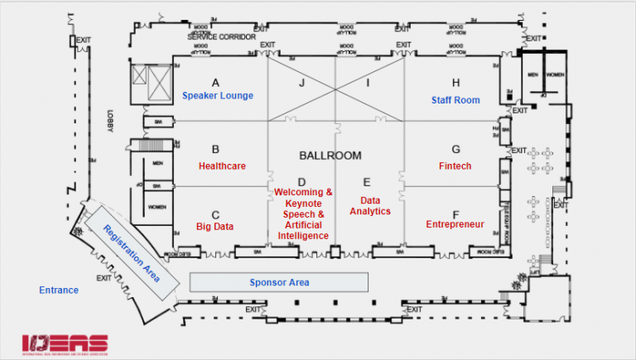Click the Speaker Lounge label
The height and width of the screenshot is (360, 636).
pos(218,95)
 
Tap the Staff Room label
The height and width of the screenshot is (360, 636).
pos(455,100)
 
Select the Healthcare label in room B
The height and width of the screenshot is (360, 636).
pos(221,166)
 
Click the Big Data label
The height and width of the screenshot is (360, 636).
pos(214,226)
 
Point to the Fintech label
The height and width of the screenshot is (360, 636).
pos(455,166)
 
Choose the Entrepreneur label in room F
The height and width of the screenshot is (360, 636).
pos(455,224)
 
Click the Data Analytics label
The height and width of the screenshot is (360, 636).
pos(370,205)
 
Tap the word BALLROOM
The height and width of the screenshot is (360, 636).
pos(330,155)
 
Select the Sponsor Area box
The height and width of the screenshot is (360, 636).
pos(279,282)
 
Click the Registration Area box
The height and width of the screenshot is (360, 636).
pos(131,253)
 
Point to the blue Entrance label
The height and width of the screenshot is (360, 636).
pos(59,290)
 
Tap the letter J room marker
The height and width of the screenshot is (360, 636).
pos(302,83)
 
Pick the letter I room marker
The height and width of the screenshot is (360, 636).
pos(369,83)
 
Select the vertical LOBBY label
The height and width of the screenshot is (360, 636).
pos(108,122)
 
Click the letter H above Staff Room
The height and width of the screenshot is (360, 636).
pos(455,83)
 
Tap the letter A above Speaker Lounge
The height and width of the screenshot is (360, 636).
pos(215,83)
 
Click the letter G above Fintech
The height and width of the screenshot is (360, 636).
pos(455,150)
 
